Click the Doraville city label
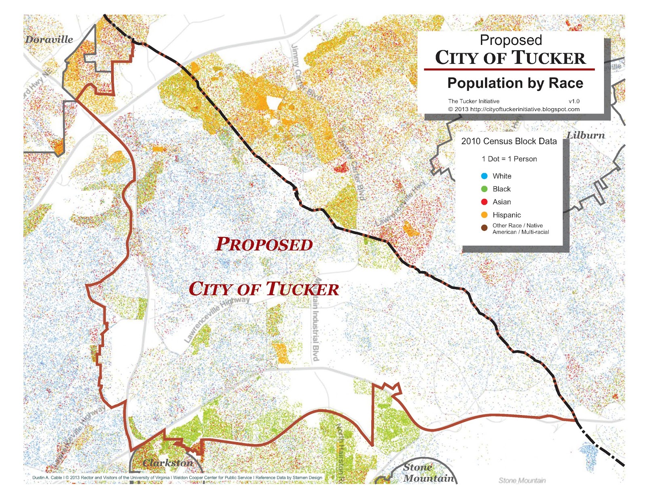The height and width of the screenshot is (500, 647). click(49, 40)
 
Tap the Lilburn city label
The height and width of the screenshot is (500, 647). click(586, 135)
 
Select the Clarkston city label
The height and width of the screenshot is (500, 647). click(168, 463)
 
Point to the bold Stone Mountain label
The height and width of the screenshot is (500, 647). click(429, 473)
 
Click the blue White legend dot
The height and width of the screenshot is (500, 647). click(484, 176)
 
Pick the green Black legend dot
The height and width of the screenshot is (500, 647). click(484, 189)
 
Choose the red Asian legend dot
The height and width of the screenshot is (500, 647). click(484, 202)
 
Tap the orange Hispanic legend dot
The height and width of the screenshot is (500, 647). click(484, 215)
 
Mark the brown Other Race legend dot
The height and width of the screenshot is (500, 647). click(484, 228)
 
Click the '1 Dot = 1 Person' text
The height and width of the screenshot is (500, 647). click(509, 159)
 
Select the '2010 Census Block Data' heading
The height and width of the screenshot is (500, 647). click(509, 141)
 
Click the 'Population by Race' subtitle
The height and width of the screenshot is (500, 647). click(515, 83)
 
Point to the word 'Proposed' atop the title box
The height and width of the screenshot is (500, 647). click(511, 40)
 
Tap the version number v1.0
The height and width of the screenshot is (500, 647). click(574, 101)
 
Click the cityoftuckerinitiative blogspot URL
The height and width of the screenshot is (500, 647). click(524, 109)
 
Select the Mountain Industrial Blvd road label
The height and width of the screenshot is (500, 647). click(316, 319)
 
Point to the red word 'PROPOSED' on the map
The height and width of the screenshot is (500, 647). click(264, 244)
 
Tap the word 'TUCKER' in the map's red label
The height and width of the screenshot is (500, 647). click(302, 289)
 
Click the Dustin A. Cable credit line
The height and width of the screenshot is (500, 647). click(177, 477)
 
